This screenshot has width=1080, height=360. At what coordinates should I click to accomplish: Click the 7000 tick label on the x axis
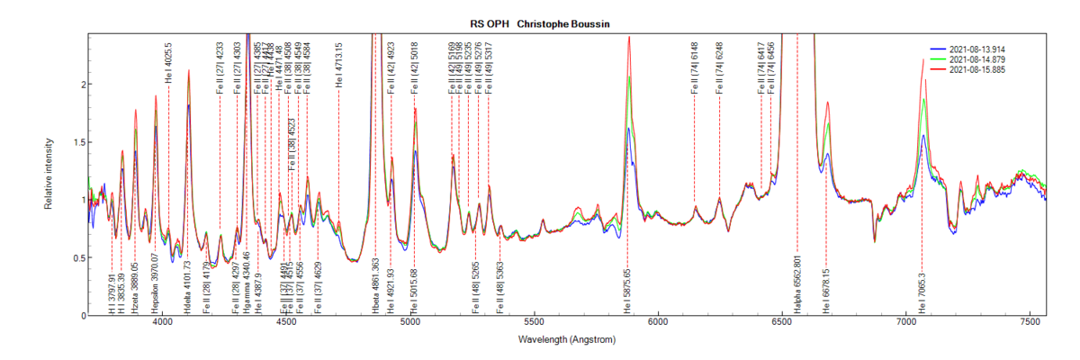906,321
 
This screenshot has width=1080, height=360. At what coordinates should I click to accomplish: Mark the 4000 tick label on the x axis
162,321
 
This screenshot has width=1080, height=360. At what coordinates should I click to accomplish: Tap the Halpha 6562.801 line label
797,288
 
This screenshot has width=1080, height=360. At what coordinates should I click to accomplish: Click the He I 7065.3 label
922,292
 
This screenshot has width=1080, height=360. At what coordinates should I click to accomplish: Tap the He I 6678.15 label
826,290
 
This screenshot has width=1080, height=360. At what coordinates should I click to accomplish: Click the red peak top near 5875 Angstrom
628,37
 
